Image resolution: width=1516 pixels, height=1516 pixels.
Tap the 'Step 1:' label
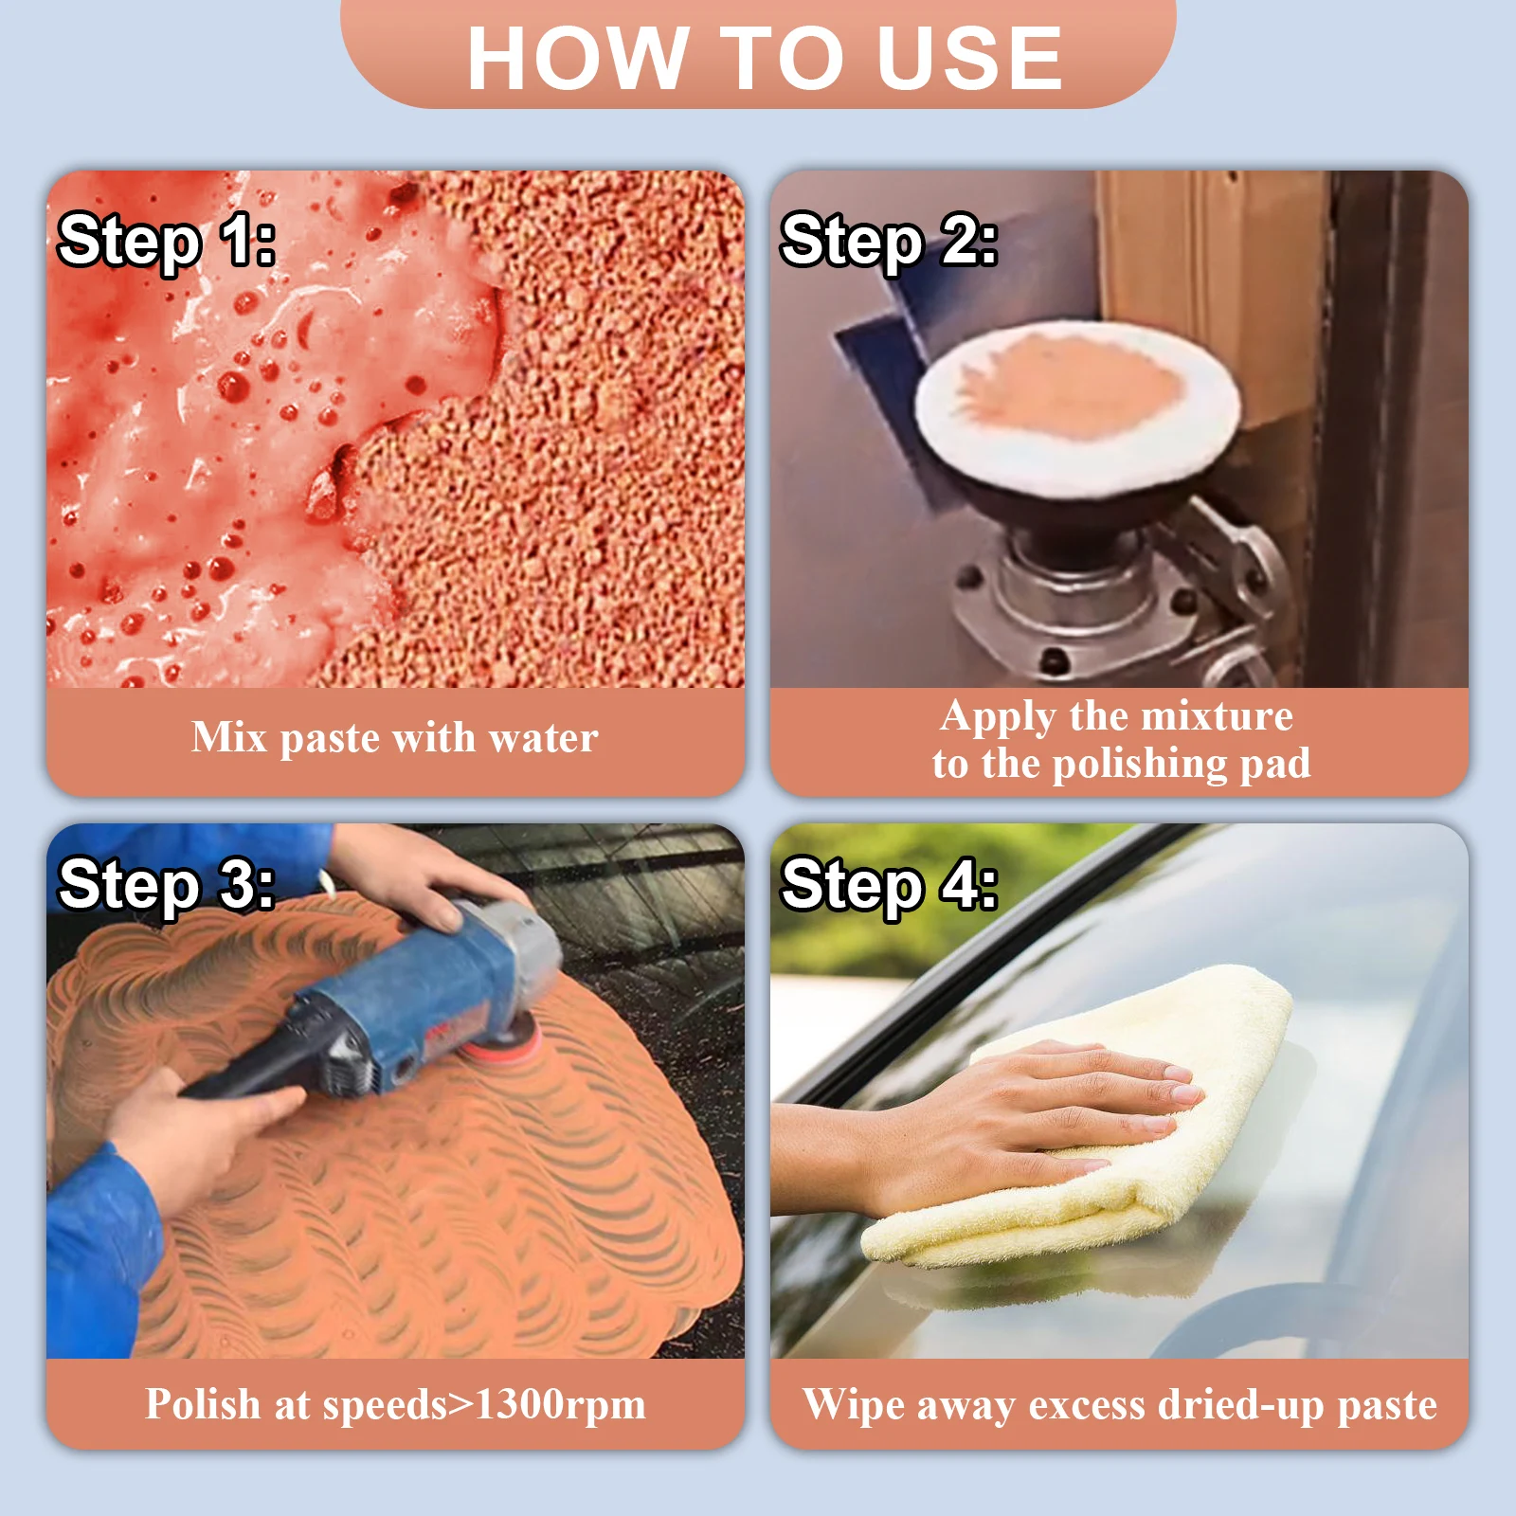point(167,241)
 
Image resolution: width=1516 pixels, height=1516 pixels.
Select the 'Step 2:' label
point(889,241)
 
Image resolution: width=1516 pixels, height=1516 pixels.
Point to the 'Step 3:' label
point(167,885)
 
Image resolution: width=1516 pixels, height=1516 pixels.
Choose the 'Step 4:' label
point(889,885)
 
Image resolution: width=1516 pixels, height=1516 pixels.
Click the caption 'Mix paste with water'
point(395,737)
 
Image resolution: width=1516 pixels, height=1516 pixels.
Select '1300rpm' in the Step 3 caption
point(560,1405)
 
